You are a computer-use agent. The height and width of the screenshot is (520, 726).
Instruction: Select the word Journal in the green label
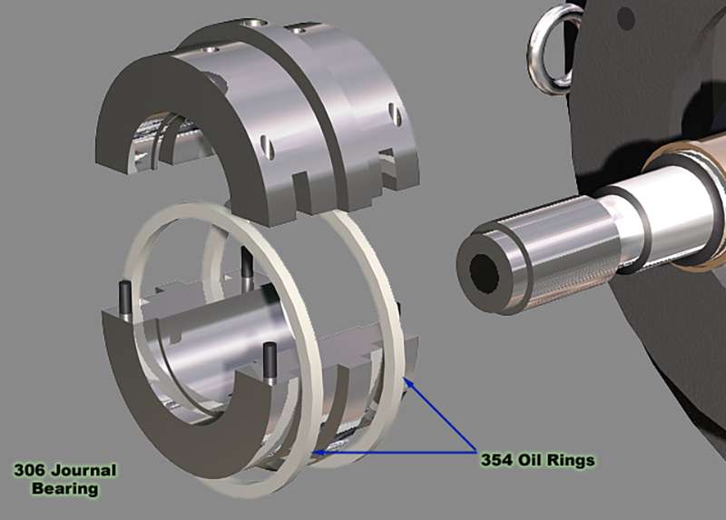click(x=85, y=470)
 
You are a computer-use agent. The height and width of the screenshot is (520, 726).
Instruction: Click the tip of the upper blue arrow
click(x=405, y=383)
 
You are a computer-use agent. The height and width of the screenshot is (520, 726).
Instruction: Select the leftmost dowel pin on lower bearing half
click(x=123, y=296)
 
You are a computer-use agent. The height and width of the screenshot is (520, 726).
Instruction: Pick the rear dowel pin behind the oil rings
click(x=247, y=263)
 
